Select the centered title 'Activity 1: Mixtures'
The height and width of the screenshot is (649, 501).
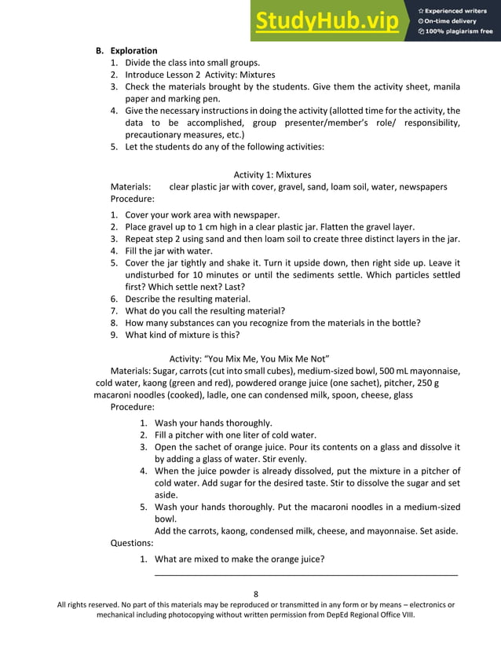click(272, 174)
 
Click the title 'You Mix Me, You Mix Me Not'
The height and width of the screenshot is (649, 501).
click(254, 359)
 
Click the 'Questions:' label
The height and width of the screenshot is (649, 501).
click(132, 542)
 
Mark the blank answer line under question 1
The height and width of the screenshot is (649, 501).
click(306, 575)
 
